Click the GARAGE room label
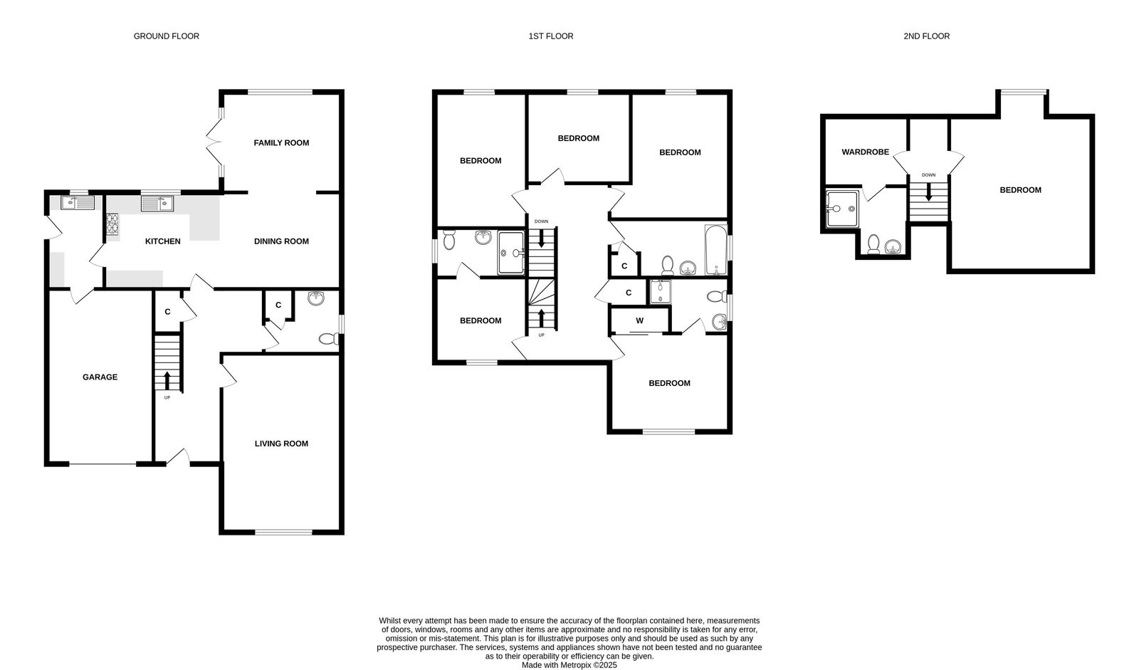(100, 377)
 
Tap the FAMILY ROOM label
(281, 143)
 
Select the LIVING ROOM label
(281, 444)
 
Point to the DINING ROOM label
(281, 241)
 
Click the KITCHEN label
(163, 241)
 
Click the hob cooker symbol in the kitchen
(112, 224)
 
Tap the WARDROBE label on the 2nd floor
(865, 152)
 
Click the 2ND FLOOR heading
(926, 36)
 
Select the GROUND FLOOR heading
(167, 36)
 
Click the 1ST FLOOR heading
(550, 36)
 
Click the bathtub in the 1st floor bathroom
(715, 251)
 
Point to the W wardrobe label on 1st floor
(639, 321)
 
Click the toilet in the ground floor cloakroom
(328, 340)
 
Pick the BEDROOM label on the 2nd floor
(1020, 190)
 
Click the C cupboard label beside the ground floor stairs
(167, 312)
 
